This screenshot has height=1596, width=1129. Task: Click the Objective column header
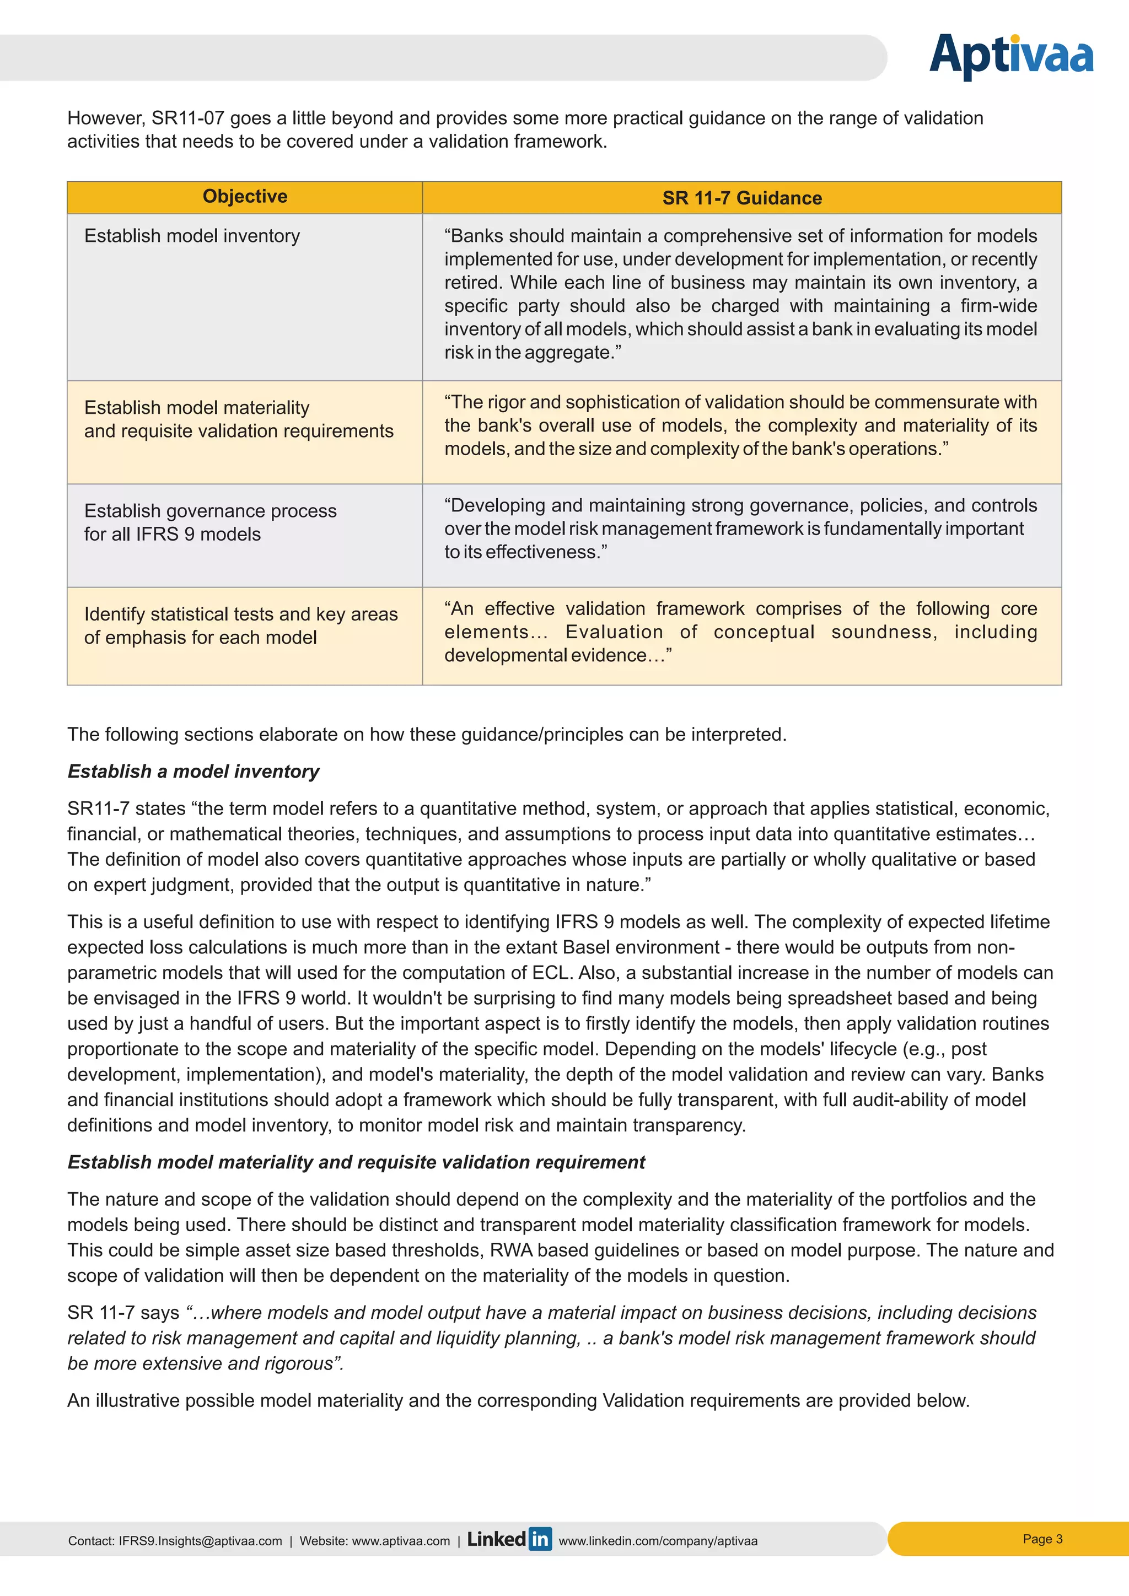click(x=245, y=197)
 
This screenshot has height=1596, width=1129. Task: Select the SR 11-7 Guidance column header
click(x=742, y=198)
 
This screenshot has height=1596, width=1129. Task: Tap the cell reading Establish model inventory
click(x=192, y=236)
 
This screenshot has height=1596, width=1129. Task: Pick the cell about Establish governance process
click(x=210, y=522)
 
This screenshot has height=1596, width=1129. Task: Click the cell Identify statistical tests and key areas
click(x=240, y=626)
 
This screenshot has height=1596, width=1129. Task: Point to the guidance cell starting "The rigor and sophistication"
click(x=740, y=425)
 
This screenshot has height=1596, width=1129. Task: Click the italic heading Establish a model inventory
click(x=193, y=772)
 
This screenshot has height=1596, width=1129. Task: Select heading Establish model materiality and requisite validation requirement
click(x=356, y=1162)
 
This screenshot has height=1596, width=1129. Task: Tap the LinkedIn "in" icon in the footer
click(x=540, y=1539)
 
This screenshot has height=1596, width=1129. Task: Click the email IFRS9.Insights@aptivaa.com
click(x=200, y=1541)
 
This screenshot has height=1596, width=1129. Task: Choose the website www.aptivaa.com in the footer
click(x=401, y=1541)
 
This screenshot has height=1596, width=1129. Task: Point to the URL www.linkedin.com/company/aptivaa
click(x=658, y=1541)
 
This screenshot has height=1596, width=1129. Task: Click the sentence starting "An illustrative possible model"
click(x=518, y=1401)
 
